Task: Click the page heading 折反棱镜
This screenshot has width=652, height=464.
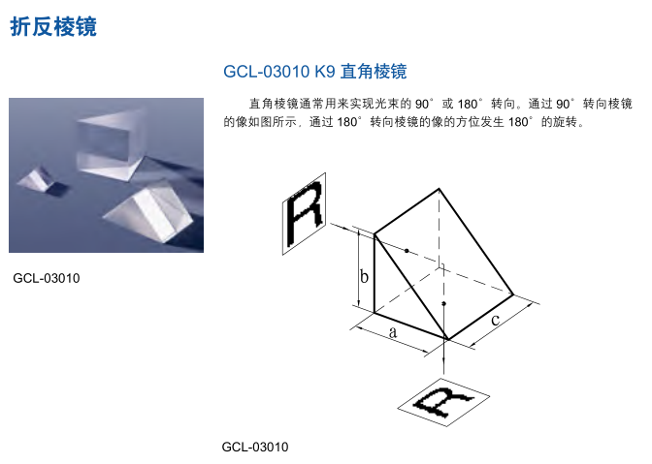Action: click(53, 26)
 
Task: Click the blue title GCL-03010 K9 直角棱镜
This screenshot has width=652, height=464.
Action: click(314, 72)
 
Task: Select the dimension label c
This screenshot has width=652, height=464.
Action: click(495, 319)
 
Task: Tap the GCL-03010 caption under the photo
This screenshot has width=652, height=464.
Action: click(47, 279)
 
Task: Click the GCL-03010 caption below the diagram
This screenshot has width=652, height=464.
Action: click(255, 447)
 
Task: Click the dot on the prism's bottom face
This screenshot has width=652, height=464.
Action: click(443, 304)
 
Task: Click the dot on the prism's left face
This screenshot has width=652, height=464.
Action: click(407, 250)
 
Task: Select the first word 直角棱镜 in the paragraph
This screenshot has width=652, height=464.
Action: click(268, 103)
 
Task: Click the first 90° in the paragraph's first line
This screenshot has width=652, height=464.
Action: click(424, 103)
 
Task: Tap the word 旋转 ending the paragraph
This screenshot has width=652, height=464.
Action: click(564, 124)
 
